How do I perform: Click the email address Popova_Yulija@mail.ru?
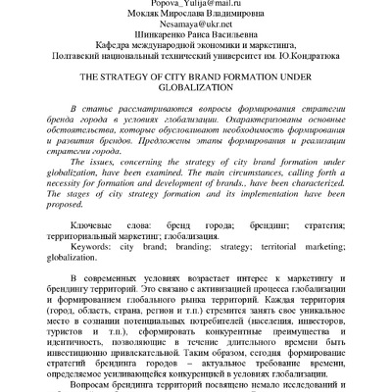pyautogui.click(x=195, y=5)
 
